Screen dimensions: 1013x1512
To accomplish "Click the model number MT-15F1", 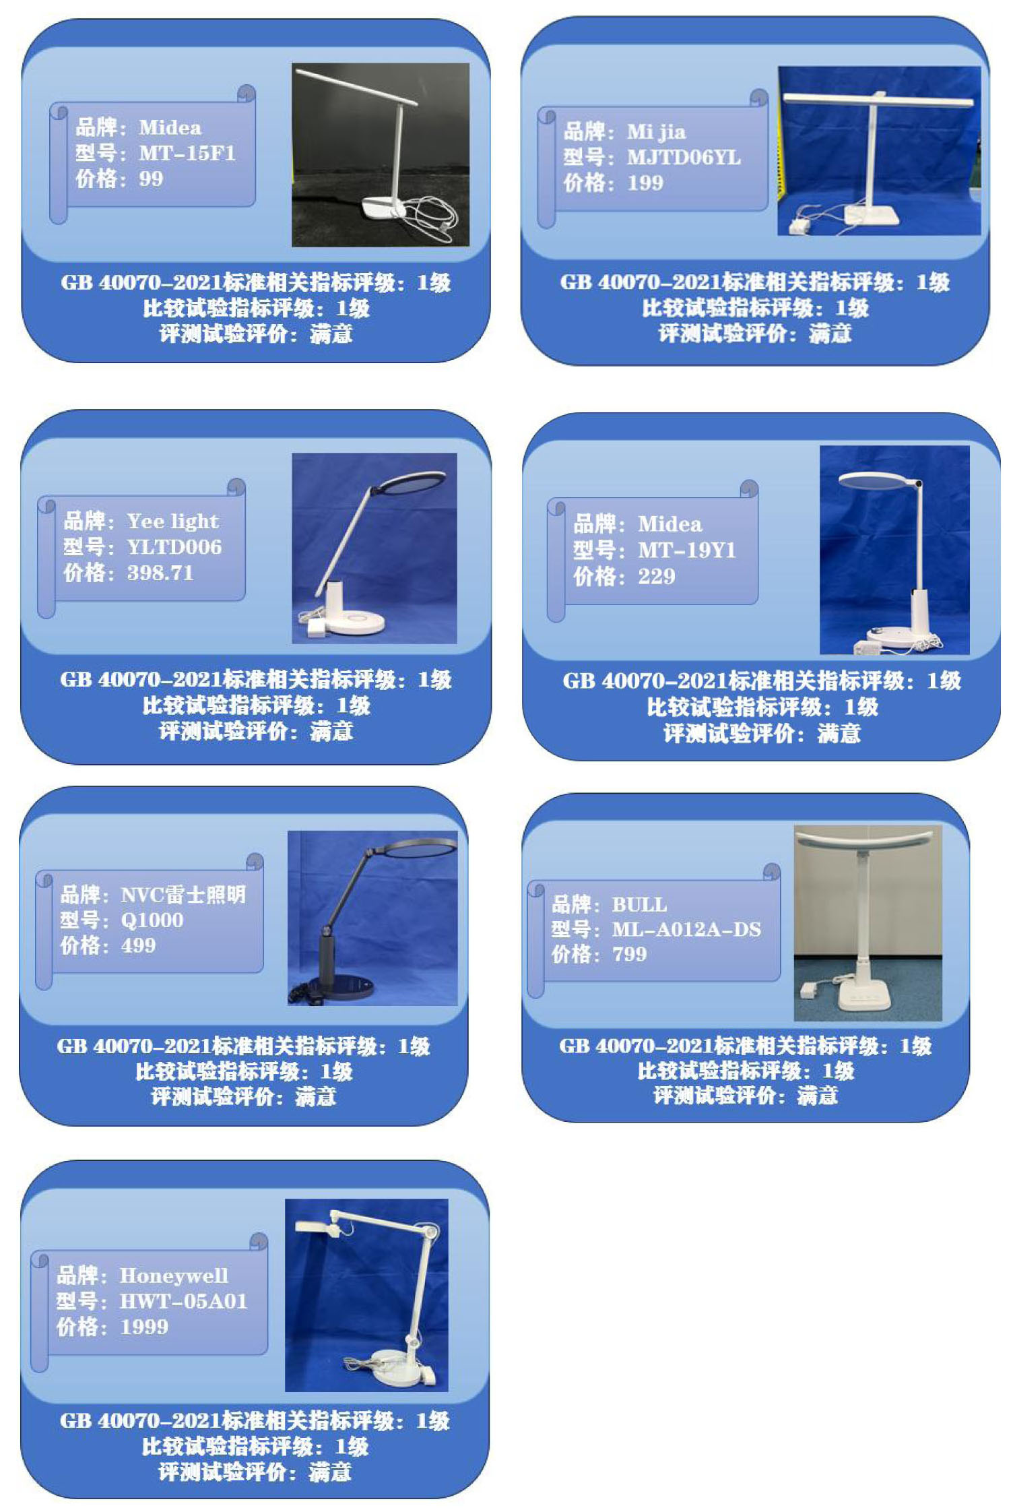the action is pyautogui.click(x=187, y=153).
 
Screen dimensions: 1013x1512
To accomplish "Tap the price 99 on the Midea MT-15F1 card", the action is pyautogui.click(x=151, y=179).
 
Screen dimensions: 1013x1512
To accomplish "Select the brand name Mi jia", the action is pyautogui.click(x=656, y=132).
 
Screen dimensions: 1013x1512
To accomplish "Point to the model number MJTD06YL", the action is pyautogui.click(x=684, y=157).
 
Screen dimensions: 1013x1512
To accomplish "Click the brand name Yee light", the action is pyautogui.click(x=172, y=522).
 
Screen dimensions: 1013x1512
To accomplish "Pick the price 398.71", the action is pyautogui.click(x=160, y=573).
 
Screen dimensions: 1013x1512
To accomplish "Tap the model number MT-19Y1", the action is pyautogui.click(x=686, y=550).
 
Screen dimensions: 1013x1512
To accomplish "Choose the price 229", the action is pyautogui.click(x=656, y=576).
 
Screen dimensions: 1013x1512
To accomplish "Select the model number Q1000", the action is pyautogui.click(x=152, y=920).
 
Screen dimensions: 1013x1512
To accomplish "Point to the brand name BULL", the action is pyautogui.click(x=639, y=904).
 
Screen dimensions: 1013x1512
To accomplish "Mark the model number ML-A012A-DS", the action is pyautogui.click(x=686, y=929).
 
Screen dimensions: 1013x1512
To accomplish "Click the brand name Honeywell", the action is pyautogui.click(x=174, y=1275).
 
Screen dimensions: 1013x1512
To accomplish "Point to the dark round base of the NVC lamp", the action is pyautogui.click(x=337, y=988).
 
